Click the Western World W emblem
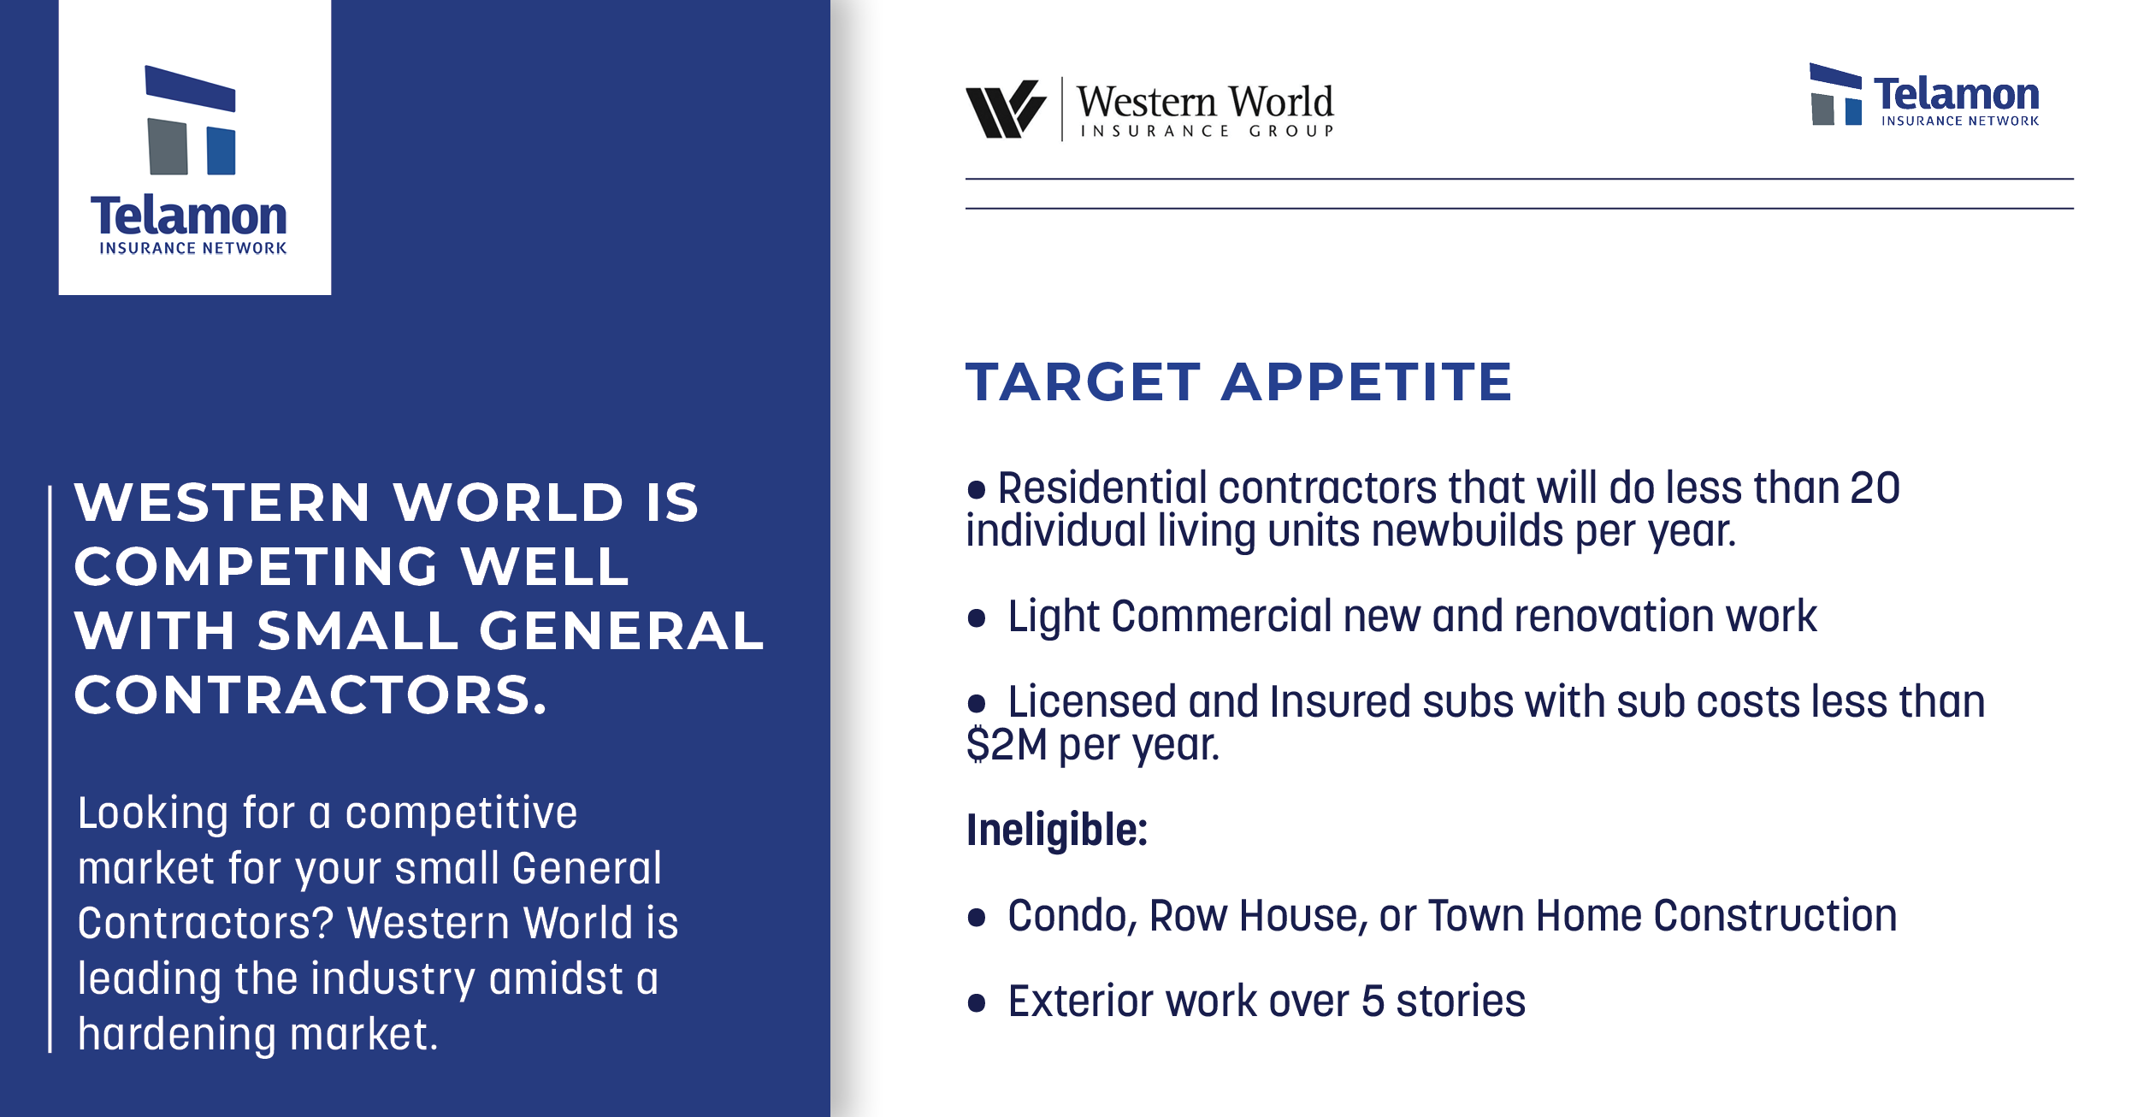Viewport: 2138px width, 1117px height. (x=1006, y=109)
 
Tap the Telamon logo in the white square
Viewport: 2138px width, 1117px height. (x=189, y=160)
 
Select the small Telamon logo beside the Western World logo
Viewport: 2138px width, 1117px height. (x=1924, y=95)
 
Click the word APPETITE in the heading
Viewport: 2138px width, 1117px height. (x=1367, y=381)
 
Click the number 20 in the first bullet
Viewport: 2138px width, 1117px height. (x=1875, y=488)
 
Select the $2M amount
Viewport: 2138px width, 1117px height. (x=1007, y=744)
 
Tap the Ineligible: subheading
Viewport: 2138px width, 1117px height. (x=1057, y=830)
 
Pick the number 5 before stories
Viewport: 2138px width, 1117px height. (x=1373, y=1002)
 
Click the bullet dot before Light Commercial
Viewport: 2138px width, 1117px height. (x=977, y=618)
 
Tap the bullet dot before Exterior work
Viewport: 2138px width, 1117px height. (x=977, y=1002)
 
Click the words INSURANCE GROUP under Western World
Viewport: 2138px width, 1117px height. (x=1207, y=131)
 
